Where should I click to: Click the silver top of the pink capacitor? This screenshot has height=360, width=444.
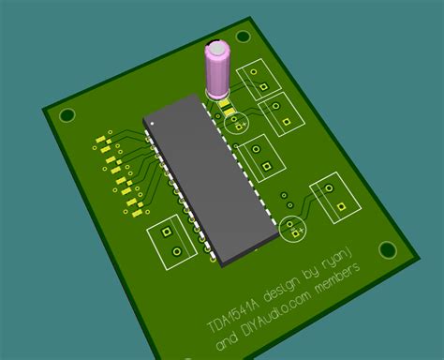pos(216,49)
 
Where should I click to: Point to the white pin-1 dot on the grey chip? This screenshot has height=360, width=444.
pos(152,124)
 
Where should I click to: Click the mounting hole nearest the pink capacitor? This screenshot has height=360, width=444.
pos(244,37)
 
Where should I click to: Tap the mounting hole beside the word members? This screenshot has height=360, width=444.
pos(388,249)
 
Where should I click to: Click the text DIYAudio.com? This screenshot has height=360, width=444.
pos(276,316)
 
